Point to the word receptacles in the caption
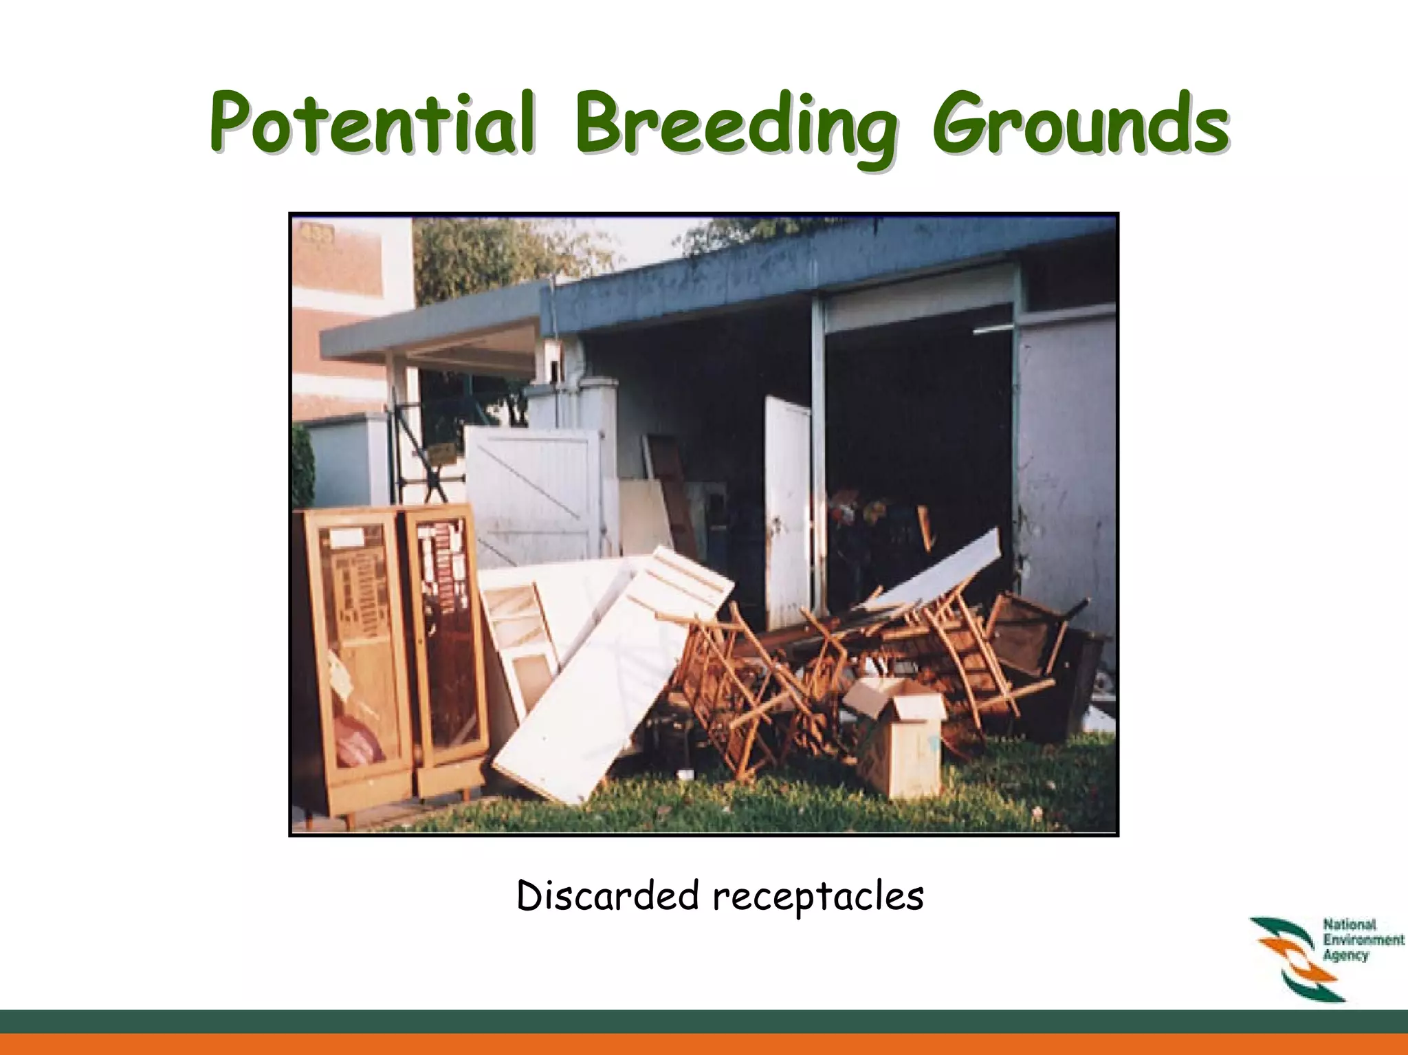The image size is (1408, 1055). (817, 896)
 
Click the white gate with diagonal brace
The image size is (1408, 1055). (533, 492)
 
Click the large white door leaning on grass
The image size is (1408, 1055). (612, 681)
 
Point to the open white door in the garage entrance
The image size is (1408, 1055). (788, 509)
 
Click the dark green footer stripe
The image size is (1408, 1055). (704, 1021)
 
